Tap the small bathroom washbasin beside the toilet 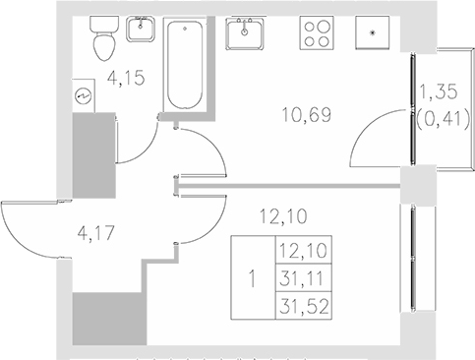pyautogui.click(x=144, y=30)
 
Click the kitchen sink pyautogui.click(x=245, y=34)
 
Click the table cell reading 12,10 pyautogui.click(x=302, y=253)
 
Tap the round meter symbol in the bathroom pyautogui.click(x=80, y=96)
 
